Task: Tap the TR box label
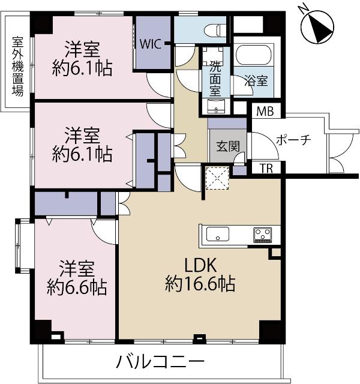266,168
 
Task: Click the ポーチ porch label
293,140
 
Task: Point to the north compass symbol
316,27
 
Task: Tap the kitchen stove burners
263,234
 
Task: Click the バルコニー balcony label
160,362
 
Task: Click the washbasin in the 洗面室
216,107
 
